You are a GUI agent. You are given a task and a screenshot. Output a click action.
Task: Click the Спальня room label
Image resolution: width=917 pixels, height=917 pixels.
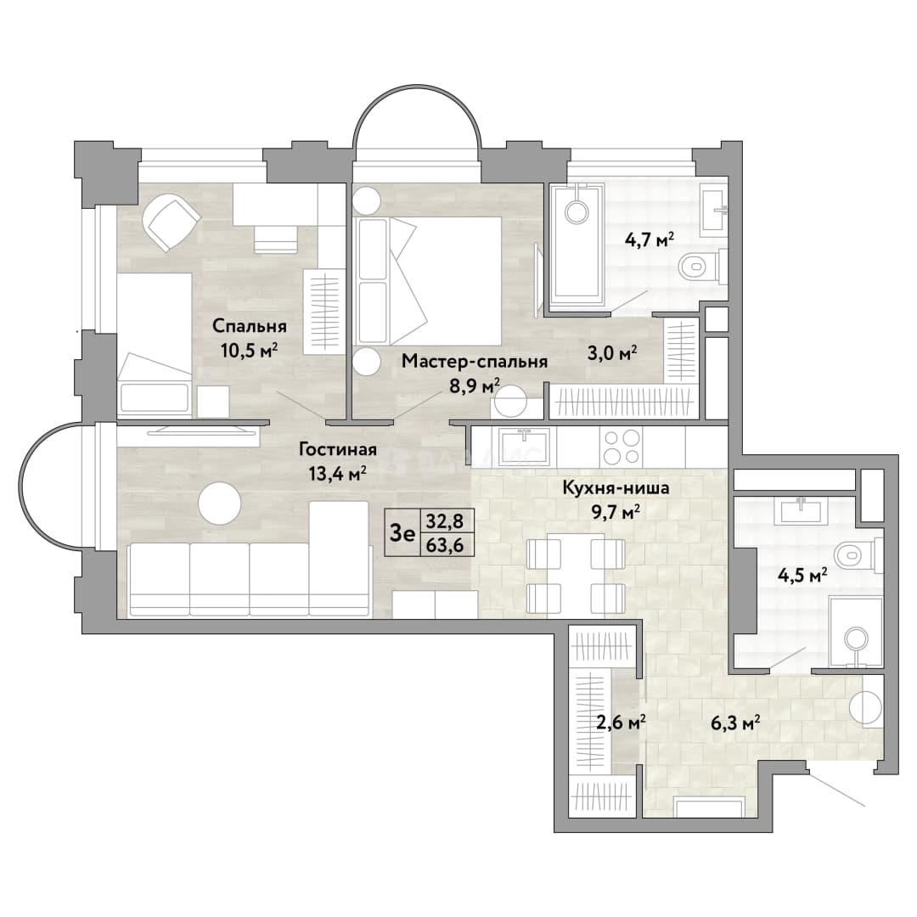click(249, 326)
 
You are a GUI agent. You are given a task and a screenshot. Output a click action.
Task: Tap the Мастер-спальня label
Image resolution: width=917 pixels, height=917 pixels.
click(475, 362)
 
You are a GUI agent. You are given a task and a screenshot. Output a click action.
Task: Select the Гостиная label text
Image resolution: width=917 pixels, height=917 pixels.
click(337, 449)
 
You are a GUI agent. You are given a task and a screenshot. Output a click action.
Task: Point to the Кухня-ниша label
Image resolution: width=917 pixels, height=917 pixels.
click(616, 487)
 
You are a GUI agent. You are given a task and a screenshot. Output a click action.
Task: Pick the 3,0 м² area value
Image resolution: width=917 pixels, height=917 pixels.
click(611, 352)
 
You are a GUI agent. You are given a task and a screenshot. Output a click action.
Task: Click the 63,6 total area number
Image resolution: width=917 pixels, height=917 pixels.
click(445, 545)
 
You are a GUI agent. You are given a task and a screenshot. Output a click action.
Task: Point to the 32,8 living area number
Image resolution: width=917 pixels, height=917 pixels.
click(445, 520)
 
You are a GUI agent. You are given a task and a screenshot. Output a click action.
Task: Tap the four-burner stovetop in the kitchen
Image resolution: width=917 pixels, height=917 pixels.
click(621, 447)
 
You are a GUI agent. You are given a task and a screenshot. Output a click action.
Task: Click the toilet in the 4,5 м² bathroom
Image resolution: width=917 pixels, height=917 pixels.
click(858, 553)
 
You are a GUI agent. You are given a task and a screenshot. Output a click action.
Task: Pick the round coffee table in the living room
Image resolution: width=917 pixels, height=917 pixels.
click(219, 503)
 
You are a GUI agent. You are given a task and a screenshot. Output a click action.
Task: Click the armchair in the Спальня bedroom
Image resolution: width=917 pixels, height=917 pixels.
click(172, 222)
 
